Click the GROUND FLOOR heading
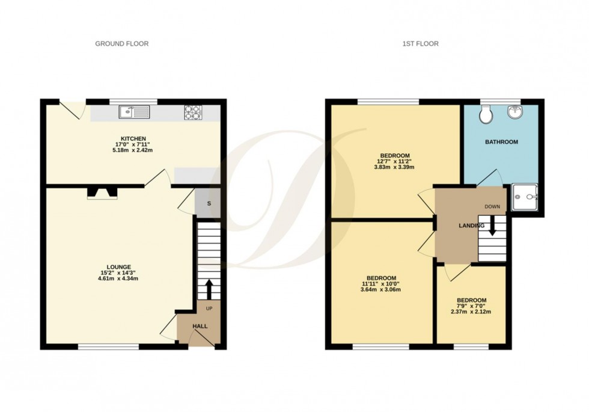(x=122, y=43)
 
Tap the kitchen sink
(x=133, y=111)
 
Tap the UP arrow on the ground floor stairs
(x=209, y=289)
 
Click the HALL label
(x=200, y=327)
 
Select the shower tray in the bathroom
(x=527, y=197)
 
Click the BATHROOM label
(x=501, y=143)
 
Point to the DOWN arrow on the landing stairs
(x=492, y=226)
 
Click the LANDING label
(x=471, y=226)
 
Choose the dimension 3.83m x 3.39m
(x=395, y=167)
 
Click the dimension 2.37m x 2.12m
(x=471, y=312)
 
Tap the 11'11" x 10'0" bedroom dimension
(x=380, y=283)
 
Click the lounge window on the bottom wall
(x=109, y=346)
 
